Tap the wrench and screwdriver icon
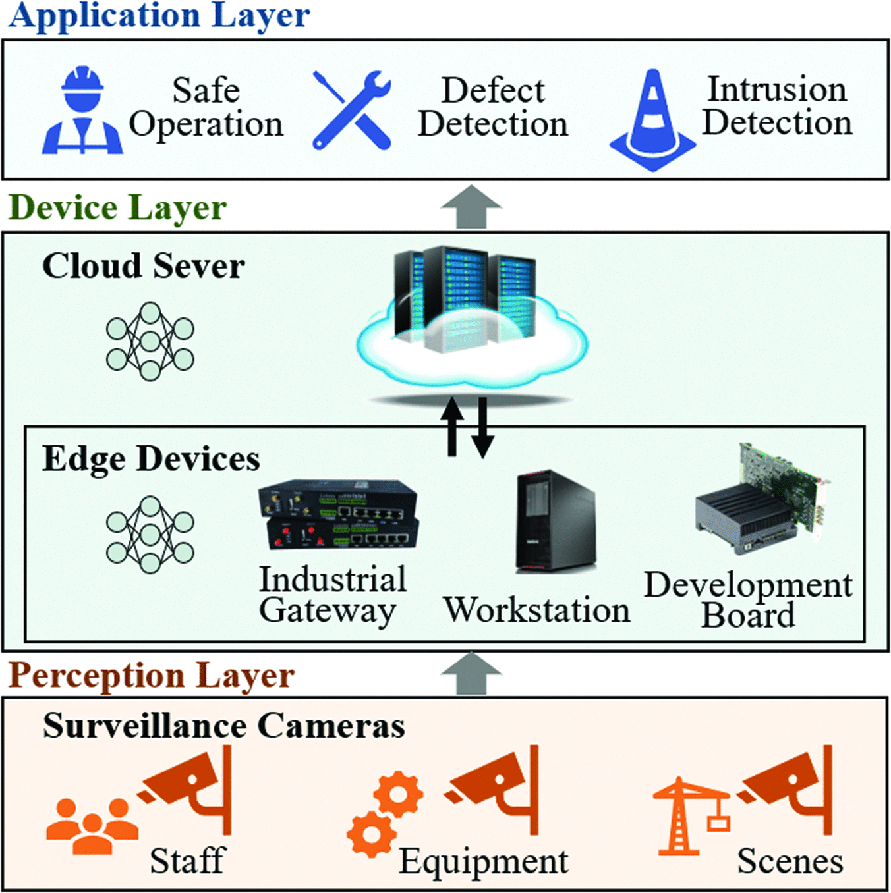(x=351, y=110)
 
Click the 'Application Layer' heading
(x=159, y=16)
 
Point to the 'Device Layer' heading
(x=117, y=207)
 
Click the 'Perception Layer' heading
(x=152, y=676)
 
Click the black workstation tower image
(x=556, y=520)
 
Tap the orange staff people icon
(x=92, y=826)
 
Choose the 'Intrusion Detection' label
(x=776, y=106)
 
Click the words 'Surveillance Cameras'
(x=223, y=726)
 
